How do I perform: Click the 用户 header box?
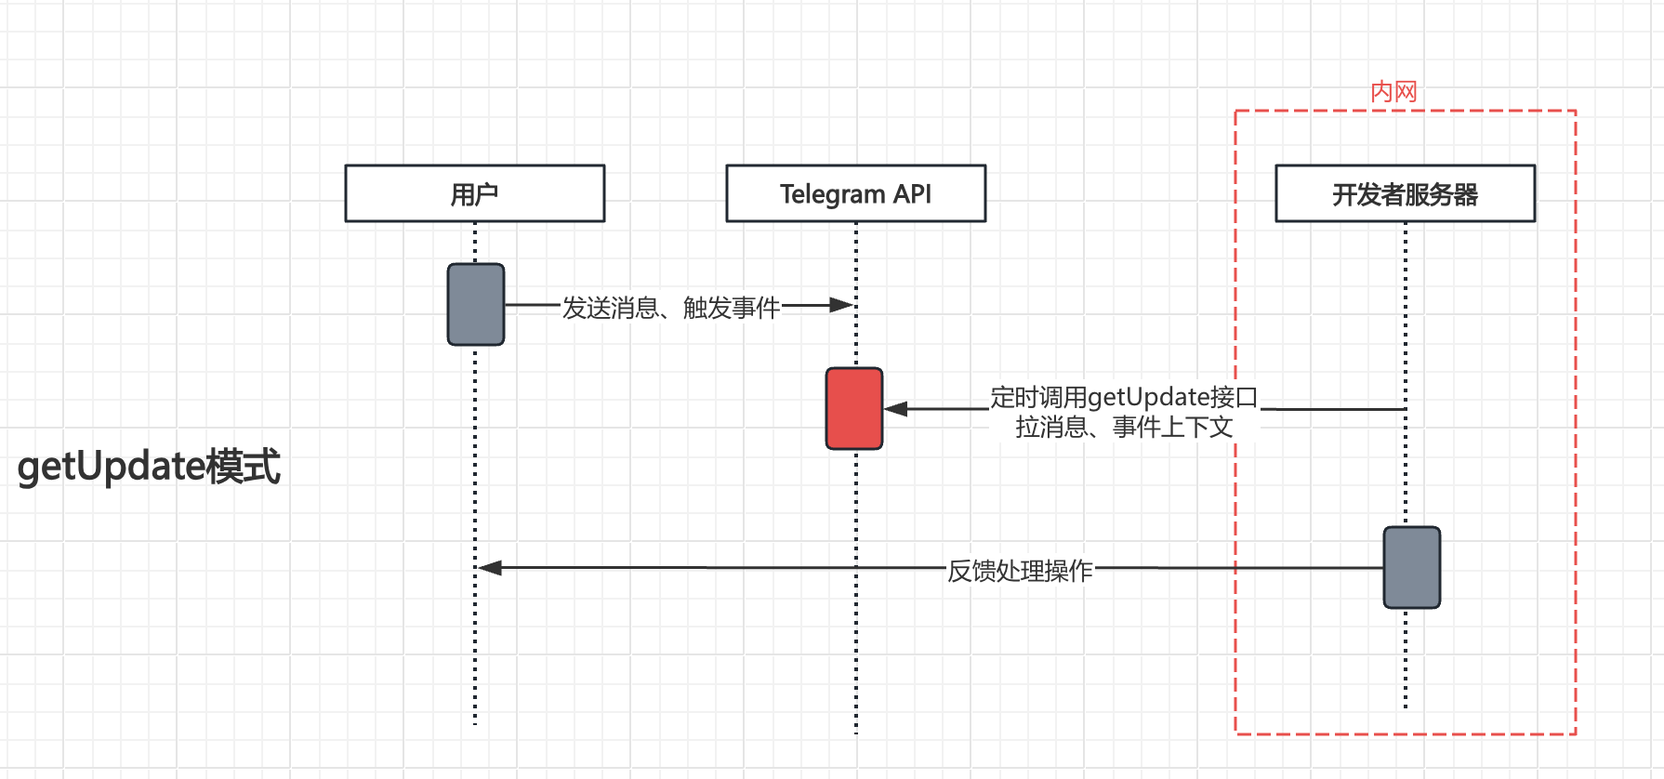point(474,193)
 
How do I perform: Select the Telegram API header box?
point(855,193)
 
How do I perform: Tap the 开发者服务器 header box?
point(1405,193)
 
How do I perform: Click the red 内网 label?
point(1393,92)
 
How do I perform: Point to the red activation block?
point(853,408)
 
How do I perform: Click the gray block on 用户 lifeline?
point(475,304)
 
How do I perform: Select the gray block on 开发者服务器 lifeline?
point(1411,567)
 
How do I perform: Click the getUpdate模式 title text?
point(149,466)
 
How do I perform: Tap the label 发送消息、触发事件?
point(670,307)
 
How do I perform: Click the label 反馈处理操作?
point(1020,570)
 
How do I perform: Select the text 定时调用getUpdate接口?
point(1123,397)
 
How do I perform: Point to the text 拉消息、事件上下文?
point(1123,427)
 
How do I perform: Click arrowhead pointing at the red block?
point(895,408)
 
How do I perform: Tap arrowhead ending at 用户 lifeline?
point(490,567)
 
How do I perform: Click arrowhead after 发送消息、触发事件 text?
point(840,304)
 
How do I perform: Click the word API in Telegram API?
point(912,193)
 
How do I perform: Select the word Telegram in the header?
point(832,193)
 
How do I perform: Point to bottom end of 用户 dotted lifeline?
point(475,721)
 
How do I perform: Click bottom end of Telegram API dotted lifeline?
point(856,732)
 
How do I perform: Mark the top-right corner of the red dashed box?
point(1576,112)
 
